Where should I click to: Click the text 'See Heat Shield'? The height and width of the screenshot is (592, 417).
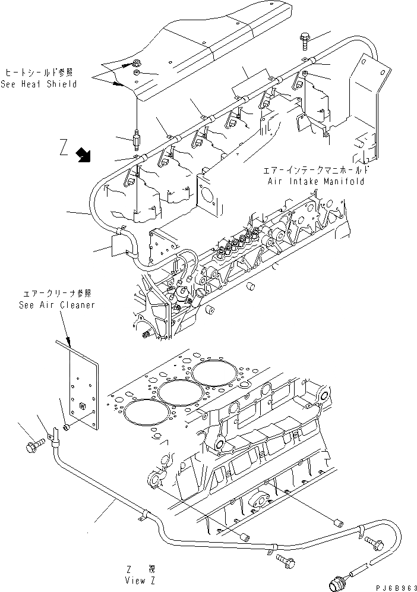coord(39,84)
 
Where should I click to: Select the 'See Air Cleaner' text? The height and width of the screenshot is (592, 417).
coord(56,305)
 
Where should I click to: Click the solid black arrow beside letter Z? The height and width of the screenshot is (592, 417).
coord(84,156)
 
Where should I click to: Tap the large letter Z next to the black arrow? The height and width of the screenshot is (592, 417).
coord(65,147)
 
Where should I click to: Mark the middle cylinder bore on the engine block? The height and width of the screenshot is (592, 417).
coord(175,393)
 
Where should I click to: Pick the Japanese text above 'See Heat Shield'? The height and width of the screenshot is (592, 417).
coord(39,73)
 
